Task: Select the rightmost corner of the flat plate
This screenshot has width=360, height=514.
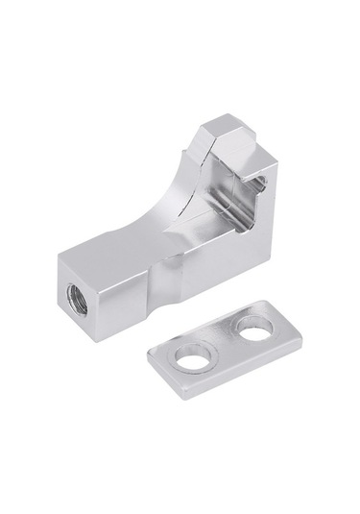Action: coord(302,336)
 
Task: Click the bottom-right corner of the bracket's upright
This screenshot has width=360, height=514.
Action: coord(269,259)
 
